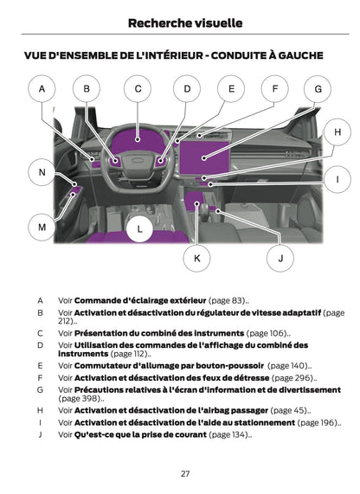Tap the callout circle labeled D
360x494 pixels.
click(x=186, y=88)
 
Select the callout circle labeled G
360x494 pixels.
click(x=318, y=88)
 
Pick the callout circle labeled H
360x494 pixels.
click(x=337, y=132)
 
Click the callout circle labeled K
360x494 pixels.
click(x=197, y=257)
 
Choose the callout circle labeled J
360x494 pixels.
click(x=280, y=257)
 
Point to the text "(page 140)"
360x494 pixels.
click(x=292, y=366)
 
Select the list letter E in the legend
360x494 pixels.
click(x=40, y=366)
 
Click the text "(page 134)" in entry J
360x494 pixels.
click(x=229, y=434)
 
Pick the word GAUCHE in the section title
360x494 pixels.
click(x=295, y=55)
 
